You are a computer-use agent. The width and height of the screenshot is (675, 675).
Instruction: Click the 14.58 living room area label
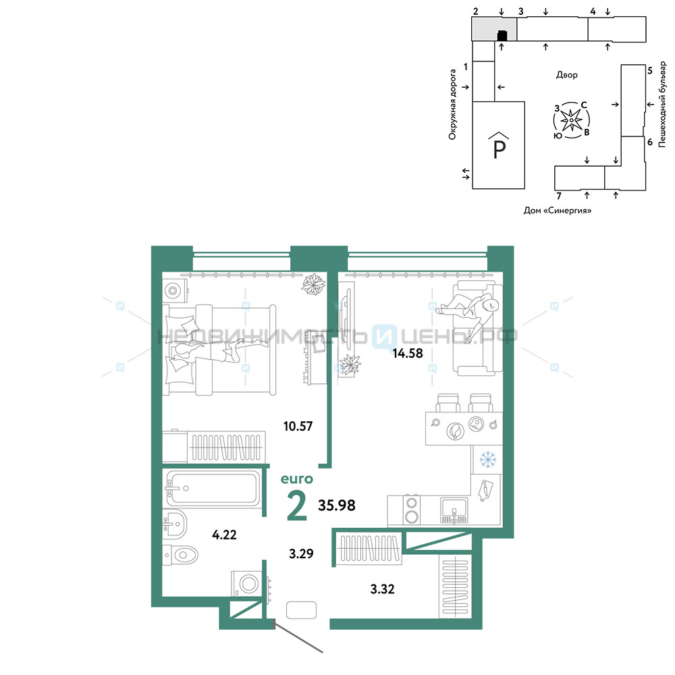407,354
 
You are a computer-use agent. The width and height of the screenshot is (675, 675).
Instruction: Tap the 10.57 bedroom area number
298,426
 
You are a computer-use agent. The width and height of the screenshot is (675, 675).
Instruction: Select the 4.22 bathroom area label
224,535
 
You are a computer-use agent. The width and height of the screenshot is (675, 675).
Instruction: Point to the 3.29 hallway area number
301,553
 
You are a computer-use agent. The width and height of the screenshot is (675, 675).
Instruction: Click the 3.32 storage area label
382,589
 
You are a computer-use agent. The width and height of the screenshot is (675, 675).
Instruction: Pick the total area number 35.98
337,506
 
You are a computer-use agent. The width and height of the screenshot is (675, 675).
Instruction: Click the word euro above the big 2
296,479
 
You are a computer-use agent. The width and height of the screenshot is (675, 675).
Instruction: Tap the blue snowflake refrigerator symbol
488,459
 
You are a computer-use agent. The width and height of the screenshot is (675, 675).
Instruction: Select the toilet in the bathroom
180,554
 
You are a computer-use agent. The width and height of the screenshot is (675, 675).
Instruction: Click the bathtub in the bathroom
213,489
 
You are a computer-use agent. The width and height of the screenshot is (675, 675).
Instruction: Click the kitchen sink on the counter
454,510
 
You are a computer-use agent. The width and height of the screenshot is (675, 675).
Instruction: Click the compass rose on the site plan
571,120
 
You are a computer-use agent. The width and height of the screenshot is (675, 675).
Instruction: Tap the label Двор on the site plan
566,75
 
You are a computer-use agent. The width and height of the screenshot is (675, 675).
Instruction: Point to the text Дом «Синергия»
558,211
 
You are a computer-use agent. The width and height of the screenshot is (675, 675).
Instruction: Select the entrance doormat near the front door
301,610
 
